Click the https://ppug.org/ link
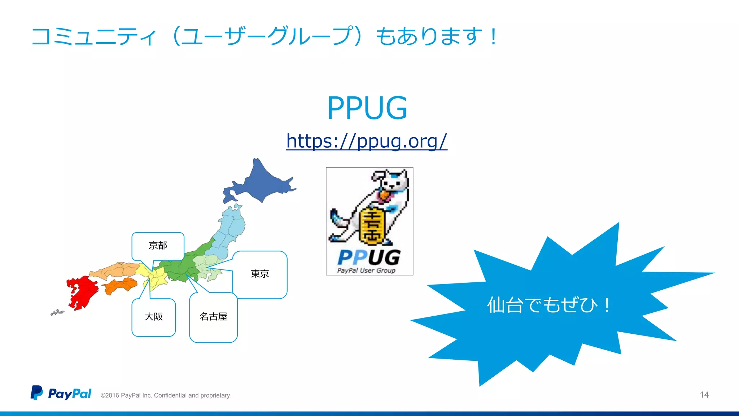(x=367, y=141)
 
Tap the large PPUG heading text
(x=367, y=108)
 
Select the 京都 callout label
(x=158, y=246)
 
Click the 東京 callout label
(x=260, y=274)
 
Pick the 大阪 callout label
(x=154, y=317)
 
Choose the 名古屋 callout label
(x=213, y=317)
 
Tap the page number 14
(x=704, y=395)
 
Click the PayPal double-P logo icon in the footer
(x=36, y=393)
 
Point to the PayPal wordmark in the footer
(x=70, y=394)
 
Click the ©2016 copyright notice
(x=166, y=395)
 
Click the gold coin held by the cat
(x=371, y=225)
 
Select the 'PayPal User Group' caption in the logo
(x=366, y=270)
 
